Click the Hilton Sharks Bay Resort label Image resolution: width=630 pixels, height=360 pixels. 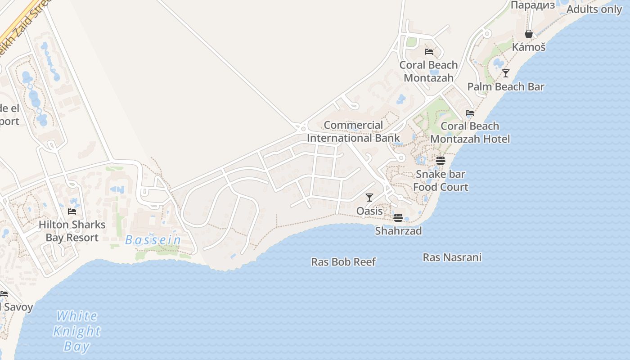72,231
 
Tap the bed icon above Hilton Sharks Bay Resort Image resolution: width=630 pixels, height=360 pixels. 72,211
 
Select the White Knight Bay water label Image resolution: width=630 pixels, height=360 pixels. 76,331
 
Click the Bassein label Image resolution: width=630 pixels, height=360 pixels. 153,240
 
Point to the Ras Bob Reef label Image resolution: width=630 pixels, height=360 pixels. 343,262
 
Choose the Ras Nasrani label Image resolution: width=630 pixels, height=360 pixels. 452,257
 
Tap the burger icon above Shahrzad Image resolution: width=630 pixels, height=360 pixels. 398,218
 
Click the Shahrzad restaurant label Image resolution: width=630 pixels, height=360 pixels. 399,231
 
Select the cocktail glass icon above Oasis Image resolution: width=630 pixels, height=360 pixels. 369,197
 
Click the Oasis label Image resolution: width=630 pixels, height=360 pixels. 369,211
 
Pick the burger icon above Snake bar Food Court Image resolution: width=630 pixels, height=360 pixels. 441,160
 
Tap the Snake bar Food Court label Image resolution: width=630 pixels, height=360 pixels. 441,180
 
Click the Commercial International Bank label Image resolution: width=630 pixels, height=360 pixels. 353,131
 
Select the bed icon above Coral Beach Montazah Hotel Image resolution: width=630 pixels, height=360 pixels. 470,112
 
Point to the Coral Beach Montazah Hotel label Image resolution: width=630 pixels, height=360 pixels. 470,132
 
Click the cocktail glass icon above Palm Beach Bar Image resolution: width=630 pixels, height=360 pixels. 506,73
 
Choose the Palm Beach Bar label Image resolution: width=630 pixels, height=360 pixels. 506,87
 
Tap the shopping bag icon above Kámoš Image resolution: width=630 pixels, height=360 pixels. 529,34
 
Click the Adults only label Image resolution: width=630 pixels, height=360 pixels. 594,9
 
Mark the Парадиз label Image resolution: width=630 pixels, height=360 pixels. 533,5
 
